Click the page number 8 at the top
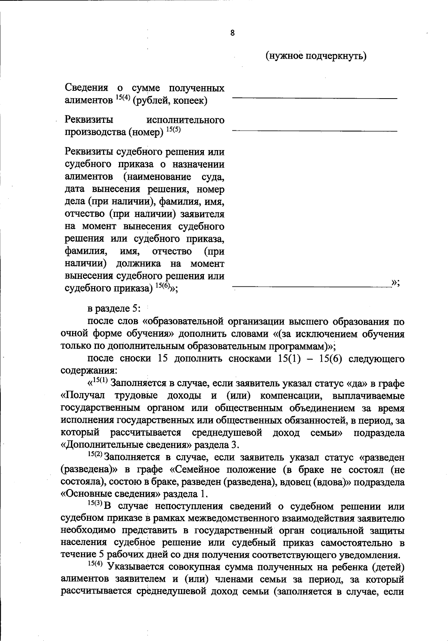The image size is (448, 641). coord(232,33)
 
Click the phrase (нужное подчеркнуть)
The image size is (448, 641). coord(316,56)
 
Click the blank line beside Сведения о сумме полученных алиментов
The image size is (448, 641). coord(315,98)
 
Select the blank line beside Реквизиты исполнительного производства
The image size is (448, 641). coord(315,131)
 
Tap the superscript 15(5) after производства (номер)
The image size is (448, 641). coord(173,130)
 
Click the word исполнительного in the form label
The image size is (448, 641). coord(186,120)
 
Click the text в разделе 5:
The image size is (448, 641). coord(113,309)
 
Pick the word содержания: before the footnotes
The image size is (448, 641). coord(88,371)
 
